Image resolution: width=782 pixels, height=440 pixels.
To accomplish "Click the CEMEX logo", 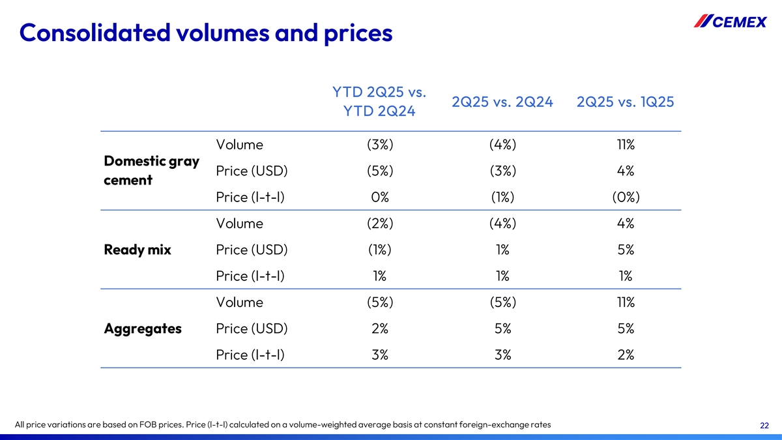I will pos(730,22).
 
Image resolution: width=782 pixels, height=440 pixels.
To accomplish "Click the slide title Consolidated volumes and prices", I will pos(206,32).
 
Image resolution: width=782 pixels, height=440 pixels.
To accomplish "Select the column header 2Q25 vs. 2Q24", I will pos(502,102).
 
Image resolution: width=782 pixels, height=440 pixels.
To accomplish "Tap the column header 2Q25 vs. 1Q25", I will pos(626,102).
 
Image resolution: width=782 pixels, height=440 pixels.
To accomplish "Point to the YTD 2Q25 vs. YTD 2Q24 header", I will pos(379,102).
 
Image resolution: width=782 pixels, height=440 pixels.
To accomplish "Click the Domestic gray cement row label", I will pos(151,170).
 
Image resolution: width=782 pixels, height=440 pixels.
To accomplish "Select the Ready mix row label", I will pos(138,250).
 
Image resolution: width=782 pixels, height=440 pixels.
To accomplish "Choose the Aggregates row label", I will pos(143,329).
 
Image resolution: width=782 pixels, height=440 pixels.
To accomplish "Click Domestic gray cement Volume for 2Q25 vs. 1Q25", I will pos(626,145).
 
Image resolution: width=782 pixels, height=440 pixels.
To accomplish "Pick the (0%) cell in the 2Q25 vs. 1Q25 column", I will pos(626,197).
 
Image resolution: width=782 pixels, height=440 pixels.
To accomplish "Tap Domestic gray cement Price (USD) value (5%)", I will pos(379,171).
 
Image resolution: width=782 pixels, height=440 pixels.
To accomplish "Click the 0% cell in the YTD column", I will pos(379,197).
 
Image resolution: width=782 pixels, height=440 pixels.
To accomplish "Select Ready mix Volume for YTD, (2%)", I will pos(379,224).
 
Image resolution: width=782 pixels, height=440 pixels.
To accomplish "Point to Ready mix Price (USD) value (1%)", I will pos(379,250).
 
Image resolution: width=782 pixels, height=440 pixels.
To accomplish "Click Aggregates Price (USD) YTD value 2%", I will pos(379,329).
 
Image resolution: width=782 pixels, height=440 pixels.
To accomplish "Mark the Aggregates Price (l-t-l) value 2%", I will pos(626,355).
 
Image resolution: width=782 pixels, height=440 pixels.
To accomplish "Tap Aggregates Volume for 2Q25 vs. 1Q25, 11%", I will pos(626,302).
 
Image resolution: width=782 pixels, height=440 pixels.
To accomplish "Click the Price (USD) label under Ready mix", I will pos(252,250).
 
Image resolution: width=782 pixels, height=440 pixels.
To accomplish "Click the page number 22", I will pos(764,426).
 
